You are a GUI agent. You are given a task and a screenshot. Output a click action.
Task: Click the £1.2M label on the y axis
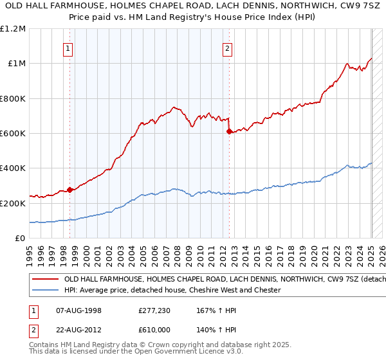point(13,29)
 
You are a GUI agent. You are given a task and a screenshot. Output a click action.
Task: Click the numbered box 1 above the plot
point(68,47)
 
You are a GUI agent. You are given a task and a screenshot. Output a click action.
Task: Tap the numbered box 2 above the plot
point(228,47)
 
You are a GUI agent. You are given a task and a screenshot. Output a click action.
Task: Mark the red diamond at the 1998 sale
point(69,190)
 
